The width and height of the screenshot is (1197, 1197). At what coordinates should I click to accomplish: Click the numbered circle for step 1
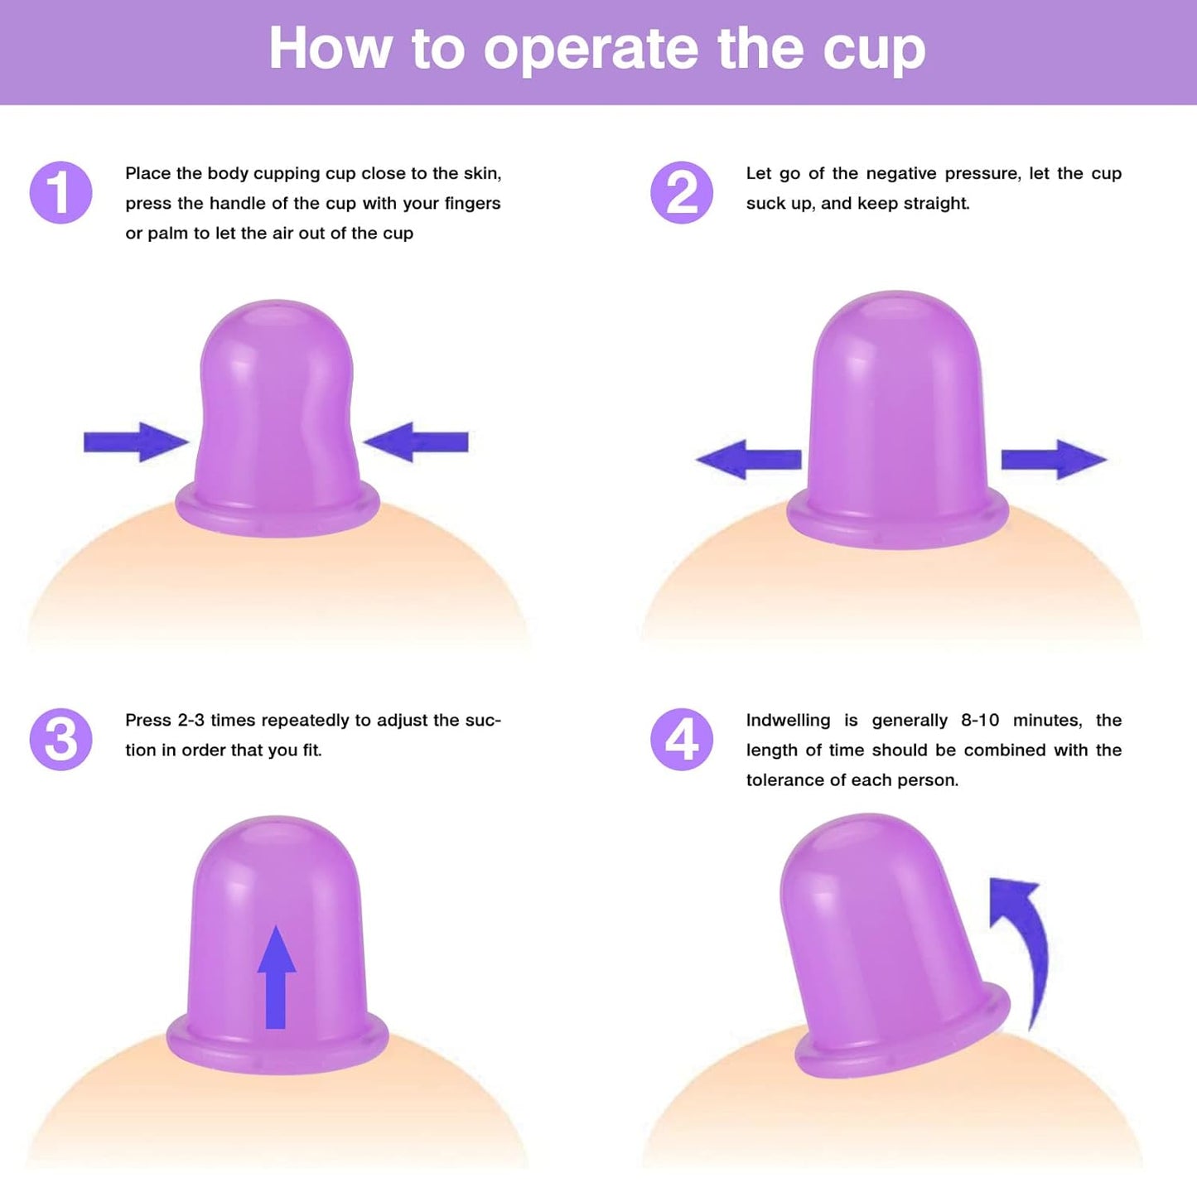tap(60, 192)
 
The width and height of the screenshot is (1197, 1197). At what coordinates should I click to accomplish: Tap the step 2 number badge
tap(681, 192)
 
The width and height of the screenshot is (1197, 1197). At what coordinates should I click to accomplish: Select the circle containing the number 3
tap(60, 739)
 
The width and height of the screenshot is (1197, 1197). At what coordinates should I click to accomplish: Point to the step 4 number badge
tap(681, 739)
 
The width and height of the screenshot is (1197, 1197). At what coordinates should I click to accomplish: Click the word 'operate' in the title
tap(591, 50)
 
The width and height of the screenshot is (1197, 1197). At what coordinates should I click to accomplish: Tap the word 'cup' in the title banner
tap(873, 50)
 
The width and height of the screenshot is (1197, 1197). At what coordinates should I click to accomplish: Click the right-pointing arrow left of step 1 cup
tap(135, 442)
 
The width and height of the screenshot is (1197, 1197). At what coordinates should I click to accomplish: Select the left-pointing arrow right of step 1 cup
tap(417, 442)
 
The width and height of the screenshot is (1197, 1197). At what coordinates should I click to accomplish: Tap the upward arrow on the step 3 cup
tap(276, 977)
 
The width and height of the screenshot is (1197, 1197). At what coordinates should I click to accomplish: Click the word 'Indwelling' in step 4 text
tap(788, 721)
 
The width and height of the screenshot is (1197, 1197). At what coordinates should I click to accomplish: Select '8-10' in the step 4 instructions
tap(980, 721)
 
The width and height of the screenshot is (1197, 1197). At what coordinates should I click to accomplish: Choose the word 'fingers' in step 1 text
tap(471, 204)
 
